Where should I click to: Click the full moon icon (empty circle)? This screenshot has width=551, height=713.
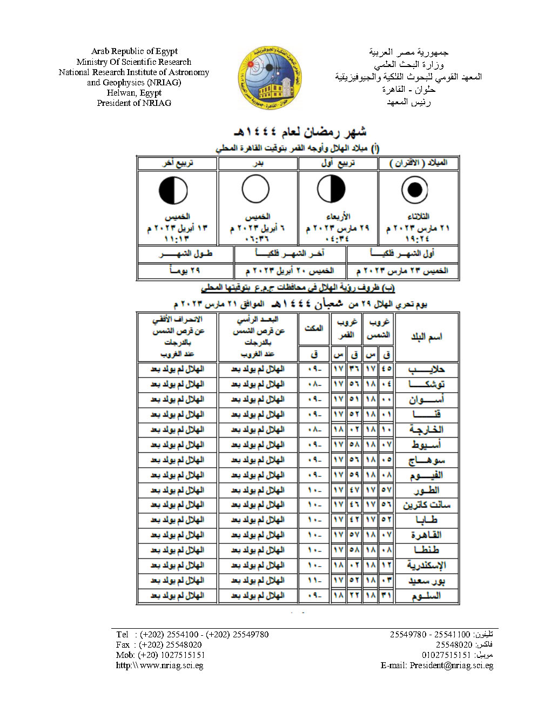point(256,190)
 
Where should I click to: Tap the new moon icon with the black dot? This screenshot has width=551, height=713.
point(415,190)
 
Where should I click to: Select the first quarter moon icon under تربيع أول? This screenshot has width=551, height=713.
point(331,190)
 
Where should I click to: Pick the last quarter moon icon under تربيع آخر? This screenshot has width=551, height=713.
point(173,190)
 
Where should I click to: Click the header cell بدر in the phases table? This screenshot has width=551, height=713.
point(258,163)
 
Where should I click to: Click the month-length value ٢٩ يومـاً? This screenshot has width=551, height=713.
point(185,270)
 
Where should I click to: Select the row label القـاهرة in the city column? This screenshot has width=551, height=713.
point(426,535)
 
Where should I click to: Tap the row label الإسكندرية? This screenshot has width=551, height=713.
point(426,565)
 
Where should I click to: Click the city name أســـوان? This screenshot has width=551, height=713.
point(426,399)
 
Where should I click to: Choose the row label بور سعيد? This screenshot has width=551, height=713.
point(426,581)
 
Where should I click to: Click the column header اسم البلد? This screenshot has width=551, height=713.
point(426,337)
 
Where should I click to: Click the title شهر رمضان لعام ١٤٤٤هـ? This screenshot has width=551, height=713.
point(300,131)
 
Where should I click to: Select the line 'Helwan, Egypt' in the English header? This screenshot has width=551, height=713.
point(134,92)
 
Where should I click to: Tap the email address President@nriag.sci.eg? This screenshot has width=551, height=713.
point(451,665)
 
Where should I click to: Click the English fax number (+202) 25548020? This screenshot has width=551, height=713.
point(170,644)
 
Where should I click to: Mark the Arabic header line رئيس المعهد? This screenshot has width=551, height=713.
point(408,102)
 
